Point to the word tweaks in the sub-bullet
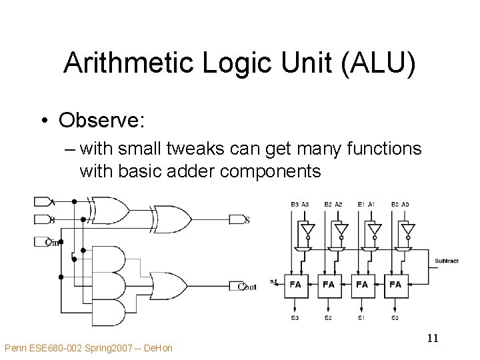(x=176, y=148)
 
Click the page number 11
(x=432, y=338)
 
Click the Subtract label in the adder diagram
(x=446, y=261)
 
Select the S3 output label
(x=295, y=318)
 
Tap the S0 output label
(x=395, y=318)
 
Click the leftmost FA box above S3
(x=295, y=284)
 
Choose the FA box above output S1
(x=362, y=284)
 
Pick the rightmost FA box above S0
(x=395, y=284)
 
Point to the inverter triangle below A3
(x=307, y=229)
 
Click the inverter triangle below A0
(x=407, y=229)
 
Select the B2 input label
(x=328, y=204)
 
